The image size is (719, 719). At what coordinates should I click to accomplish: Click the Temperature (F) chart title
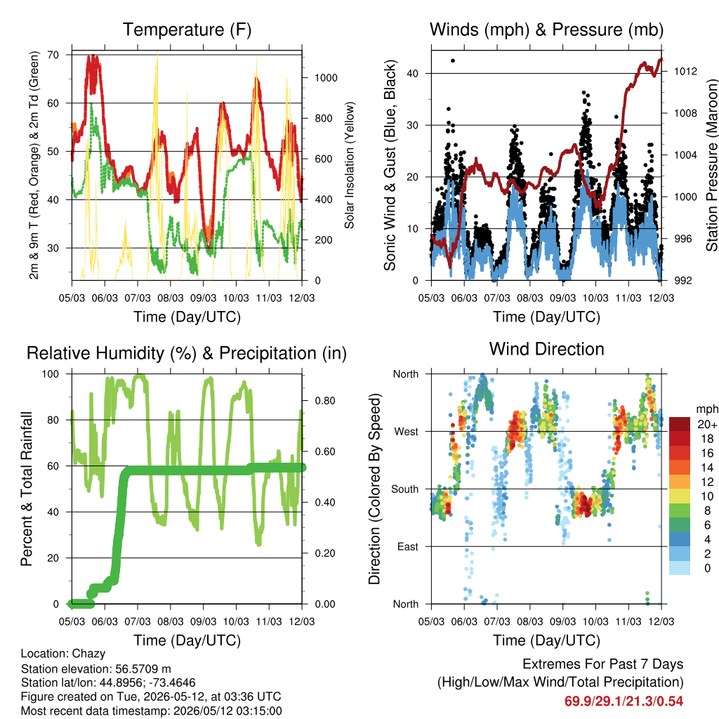point(187,29)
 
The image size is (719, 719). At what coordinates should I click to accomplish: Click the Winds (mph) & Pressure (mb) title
point(546,29)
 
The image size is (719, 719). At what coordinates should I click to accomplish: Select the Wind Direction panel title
point(546,349)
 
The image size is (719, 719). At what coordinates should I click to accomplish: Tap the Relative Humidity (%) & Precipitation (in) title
point(187,354)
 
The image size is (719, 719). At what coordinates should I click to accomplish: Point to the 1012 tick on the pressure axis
point(685,71)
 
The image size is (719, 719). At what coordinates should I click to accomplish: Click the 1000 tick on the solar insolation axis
point(326,78)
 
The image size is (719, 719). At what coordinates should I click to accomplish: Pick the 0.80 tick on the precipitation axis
point(325,401)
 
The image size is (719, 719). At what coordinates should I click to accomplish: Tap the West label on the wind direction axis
point(407,432)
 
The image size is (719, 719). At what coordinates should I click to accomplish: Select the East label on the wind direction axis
point(408,546)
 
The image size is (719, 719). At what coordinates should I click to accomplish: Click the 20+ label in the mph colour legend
point(707,425)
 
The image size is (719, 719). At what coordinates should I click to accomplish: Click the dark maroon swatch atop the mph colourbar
point(680,424)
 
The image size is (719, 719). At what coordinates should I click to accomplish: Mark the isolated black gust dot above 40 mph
point(453,60)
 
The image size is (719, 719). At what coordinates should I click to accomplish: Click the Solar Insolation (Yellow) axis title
point(350,165)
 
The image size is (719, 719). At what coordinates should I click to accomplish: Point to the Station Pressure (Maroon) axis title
point(711,165)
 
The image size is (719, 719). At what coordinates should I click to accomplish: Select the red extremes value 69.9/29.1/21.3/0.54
point(624,701)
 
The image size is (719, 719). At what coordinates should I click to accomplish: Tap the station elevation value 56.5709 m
point(143,668)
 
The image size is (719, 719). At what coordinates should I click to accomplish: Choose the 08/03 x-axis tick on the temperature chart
point(171,298)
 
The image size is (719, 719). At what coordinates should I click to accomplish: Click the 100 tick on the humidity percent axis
point(51,374)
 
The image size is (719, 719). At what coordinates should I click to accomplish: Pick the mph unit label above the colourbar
point(706,409)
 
